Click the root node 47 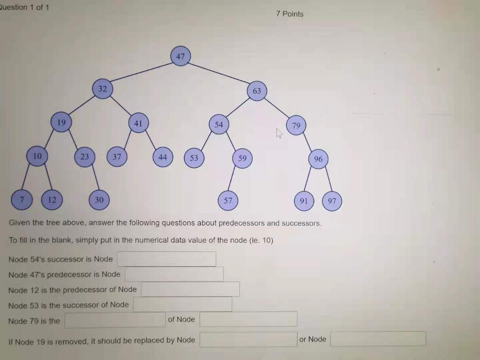(x=180, y=56)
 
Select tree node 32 (x=103, y=89)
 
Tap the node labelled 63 (x=257, y=91)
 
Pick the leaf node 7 (x=21, y=200)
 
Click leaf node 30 (x=99, y=200)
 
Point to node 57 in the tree (x=228, y=201)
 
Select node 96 (x=318, y=159)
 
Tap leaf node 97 (x=332, y=201)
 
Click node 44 (x=163, y=157)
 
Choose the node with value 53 (x=194, y=158)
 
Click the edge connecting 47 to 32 (x=142, y=73)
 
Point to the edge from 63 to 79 (x=277, y=108)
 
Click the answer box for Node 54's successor (x=166, y=259)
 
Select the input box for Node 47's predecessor (x=174, y=274)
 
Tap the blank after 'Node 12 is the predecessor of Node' (x=190, y=289)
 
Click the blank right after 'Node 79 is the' (x=115, y=320)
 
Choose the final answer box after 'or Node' (x=378, y=339)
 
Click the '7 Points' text (x=290, y=14)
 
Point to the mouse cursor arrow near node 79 (x=279, y=134)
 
